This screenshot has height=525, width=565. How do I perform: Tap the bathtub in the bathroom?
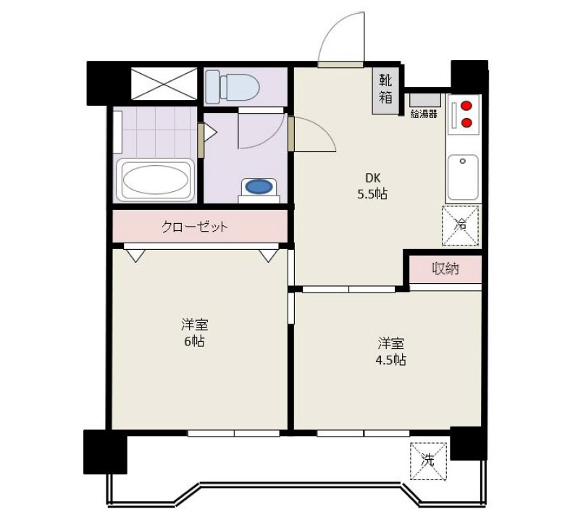point(155,180)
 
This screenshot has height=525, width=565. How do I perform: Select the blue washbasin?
point(259,187)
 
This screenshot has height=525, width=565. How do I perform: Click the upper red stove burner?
point(466,106)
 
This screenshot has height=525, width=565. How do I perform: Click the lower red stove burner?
point(466,122)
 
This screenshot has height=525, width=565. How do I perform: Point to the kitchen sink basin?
point(463,177)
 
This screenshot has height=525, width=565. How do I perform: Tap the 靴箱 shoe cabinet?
point(385,91)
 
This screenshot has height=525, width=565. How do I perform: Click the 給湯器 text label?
point(424,114)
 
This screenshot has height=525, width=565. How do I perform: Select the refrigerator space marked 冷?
point(461,225)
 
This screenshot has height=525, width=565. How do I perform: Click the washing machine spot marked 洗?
point(428,461)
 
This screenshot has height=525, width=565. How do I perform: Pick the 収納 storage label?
point(445,269)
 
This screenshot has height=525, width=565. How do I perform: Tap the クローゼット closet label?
point(195,227)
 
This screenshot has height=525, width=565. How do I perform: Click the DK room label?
point(373,178)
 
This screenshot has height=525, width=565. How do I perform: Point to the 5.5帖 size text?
point(372,195)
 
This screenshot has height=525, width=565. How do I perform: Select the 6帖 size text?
point(195,341)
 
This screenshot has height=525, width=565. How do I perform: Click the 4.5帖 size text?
point(391,360)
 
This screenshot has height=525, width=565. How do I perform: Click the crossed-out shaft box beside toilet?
point(164,83)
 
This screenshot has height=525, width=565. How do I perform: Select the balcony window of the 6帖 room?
point(233,433)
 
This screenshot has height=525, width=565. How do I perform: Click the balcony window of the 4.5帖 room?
point(363,433)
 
